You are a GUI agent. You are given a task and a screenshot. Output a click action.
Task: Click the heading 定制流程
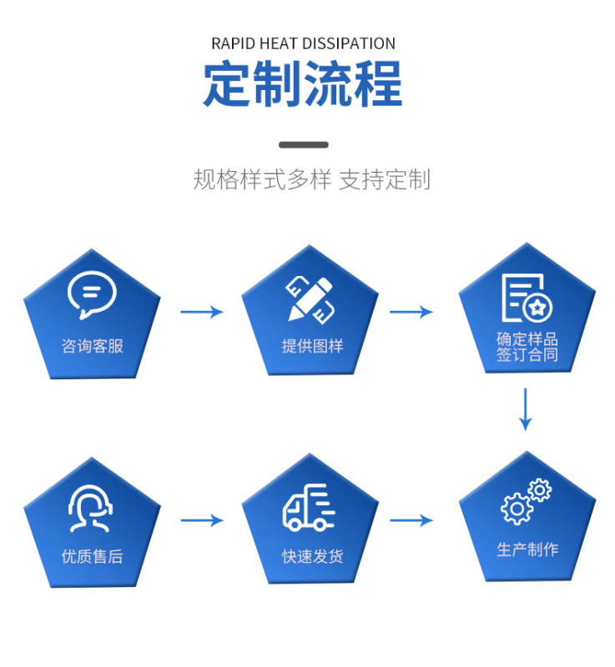click(x=303, y=83)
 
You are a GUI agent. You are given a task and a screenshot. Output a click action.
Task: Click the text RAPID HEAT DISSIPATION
click(x=303, y=43)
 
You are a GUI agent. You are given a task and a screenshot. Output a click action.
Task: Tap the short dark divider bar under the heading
click(x=303, y=144)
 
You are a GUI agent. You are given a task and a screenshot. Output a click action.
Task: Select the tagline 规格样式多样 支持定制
click(x=311, y=179)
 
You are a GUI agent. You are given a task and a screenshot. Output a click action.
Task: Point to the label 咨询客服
click(x=92, y=345)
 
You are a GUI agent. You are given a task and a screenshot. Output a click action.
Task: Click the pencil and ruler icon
click(x=310, y=298)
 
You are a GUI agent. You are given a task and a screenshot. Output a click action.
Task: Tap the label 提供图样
click(x=311, y=346)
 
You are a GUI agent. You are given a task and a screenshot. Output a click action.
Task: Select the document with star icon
click(x=527, y=298)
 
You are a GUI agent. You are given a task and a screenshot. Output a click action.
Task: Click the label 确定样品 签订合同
click(x=527, y=347)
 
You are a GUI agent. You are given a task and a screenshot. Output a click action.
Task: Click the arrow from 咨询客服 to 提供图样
click(x=202, y=312)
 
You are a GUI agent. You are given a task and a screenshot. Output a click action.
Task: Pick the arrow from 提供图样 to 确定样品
click(x=411, y=312)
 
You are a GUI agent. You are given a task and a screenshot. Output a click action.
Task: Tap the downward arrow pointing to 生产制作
click(x=525, y=409)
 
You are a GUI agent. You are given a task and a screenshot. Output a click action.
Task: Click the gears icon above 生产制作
click(x=526, y=501)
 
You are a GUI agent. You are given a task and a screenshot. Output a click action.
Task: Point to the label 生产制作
click(x=527, y=549)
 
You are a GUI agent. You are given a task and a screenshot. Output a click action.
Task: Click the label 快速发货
click(x=311, y=556)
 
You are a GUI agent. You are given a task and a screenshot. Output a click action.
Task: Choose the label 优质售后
click(x=92, y=556)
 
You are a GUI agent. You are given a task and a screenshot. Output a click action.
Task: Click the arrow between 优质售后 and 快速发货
click(x=202, y=520)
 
